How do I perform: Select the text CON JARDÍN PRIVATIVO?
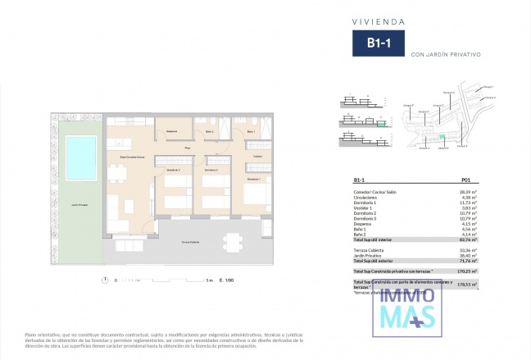pos(445,53)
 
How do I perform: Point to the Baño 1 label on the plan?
pos(251,131)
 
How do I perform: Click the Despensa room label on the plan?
pos(172,131)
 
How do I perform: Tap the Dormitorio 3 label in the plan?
pos(253,179)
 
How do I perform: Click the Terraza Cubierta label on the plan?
pos(190,244)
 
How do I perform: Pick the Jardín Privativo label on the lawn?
pos(79,204)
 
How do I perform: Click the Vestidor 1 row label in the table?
pos(366,209)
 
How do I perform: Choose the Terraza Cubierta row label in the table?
pos(370,249)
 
